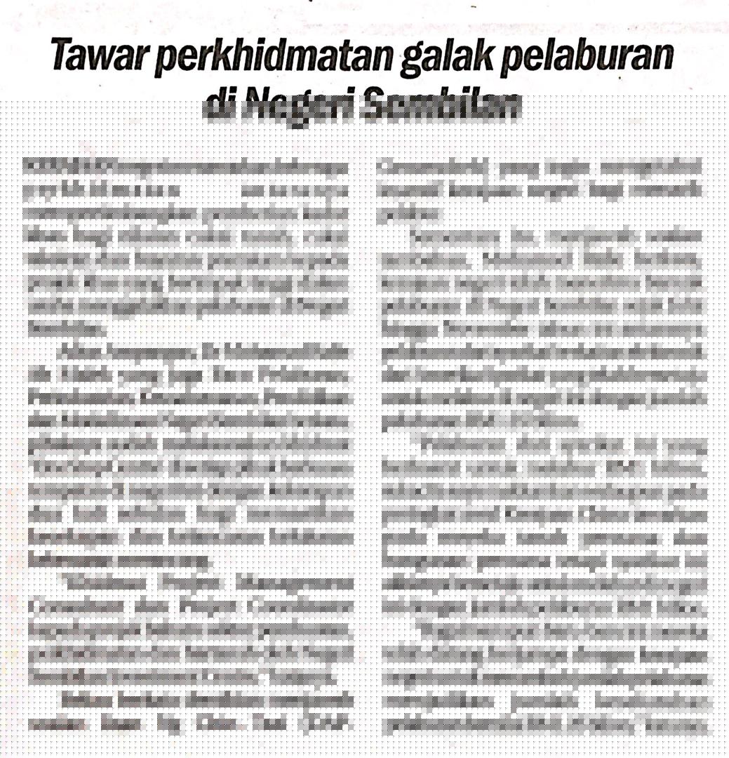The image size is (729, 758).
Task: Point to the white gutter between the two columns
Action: pos(364,421)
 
